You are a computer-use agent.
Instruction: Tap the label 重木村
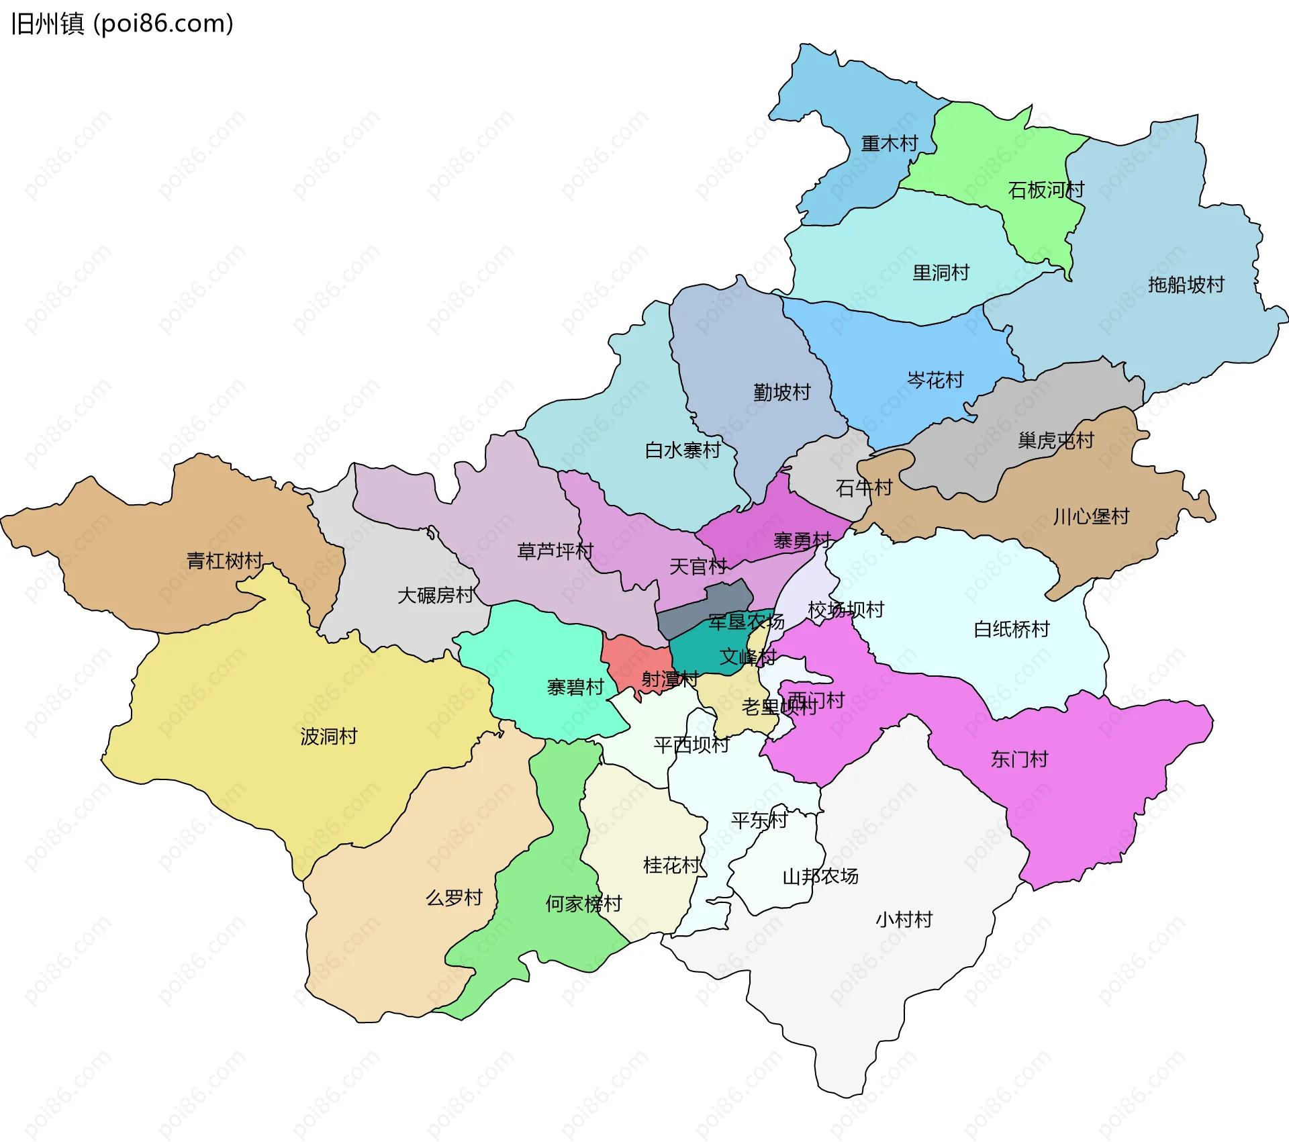[889, 144]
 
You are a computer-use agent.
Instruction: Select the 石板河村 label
[1046, 190]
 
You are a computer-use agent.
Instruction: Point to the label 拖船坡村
[1186, 285]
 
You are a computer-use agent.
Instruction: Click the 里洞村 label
[941, 273]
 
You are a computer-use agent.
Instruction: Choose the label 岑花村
[935, 380]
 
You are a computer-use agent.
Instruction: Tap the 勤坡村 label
[782, 392]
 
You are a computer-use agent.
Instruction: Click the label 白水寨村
[683, 450]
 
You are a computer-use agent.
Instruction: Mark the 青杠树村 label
[224, 561]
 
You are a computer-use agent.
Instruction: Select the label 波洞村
[329, 736]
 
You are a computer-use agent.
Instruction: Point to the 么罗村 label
[454, 898]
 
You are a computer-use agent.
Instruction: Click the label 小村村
[904, 919]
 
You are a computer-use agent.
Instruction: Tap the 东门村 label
[1019, 759]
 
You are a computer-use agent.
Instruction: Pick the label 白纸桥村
[1011, 629]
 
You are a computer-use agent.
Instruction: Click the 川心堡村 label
[1091, 516]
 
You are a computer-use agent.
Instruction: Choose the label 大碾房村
[436, 595]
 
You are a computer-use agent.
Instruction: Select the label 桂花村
[671, 865]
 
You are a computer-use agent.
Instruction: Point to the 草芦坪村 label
[555, 551]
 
